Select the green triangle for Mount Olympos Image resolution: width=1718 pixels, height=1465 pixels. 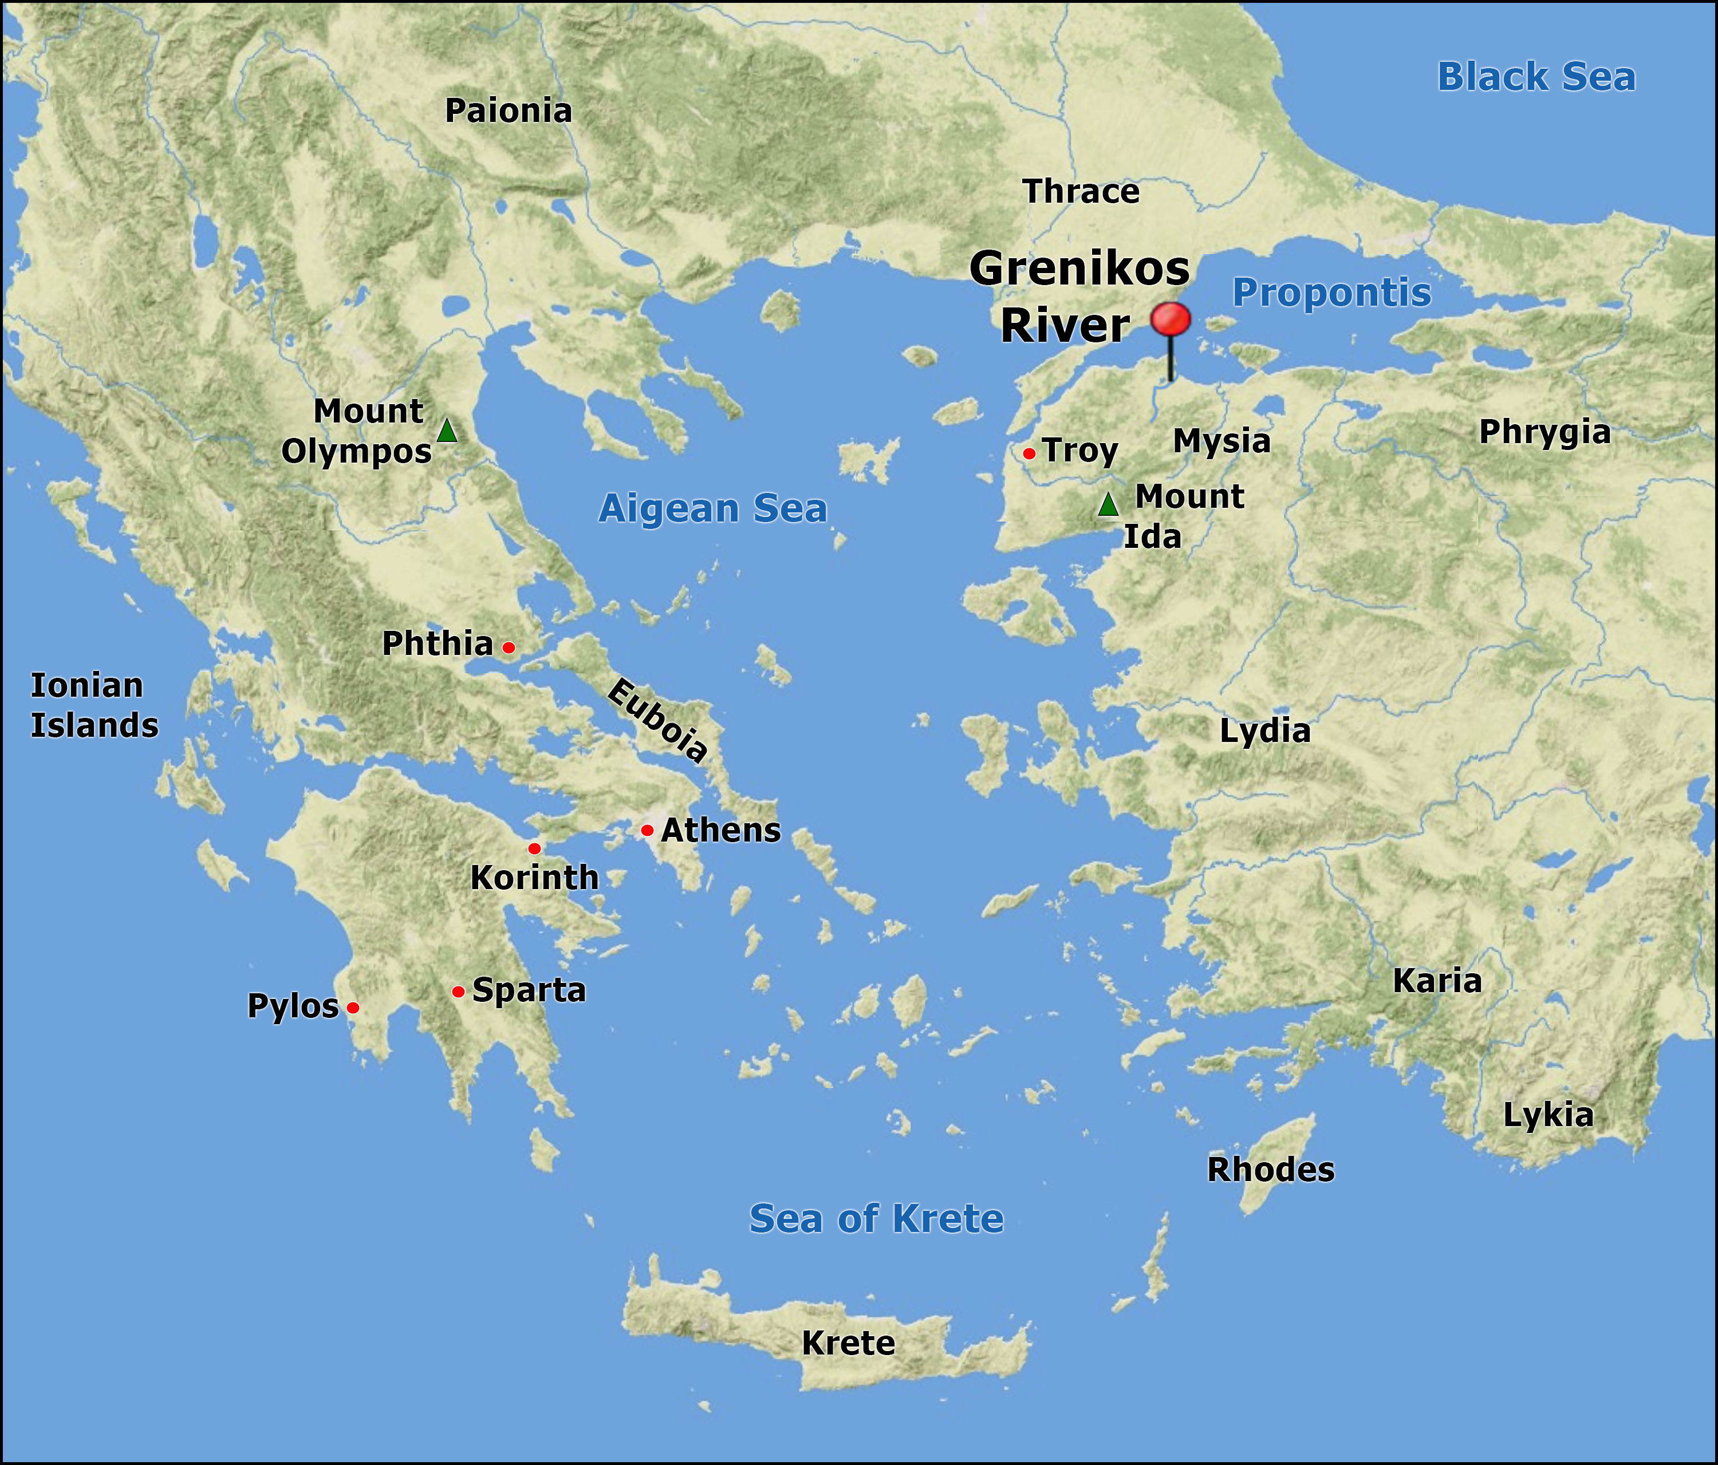(447, 431)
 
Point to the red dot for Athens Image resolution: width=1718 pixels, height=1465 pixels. (647, 830)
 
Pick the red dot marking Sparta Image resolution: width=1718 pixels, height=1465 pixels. (458, 992)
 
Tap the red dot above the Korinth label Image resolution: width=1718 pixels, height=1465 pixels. (534, 848)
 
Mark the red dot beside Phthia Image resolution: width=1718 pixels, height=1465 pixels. (509, 647)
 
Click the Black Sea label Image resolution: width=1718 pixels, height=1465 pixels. (1535, 77)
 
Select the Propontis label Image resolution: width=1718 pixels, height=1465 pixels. (1331, 293)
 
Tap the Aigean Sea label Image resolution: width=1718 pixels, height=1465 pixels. (712, 508)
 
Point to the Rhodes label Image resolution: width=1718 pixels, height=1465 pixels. (1270, 1170)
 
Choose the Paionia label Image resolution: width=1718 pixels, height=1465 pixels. (509, 111)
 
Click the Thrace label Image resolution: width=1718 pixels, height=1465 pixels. (1081, 192)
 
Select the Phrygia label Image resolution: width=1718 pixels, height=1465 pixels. (1544, 432)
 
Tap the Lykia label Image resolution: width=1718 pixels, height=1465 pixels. (1547, 1115)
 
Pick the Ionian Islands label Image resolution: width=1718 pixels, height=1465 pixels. (94, 705)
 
